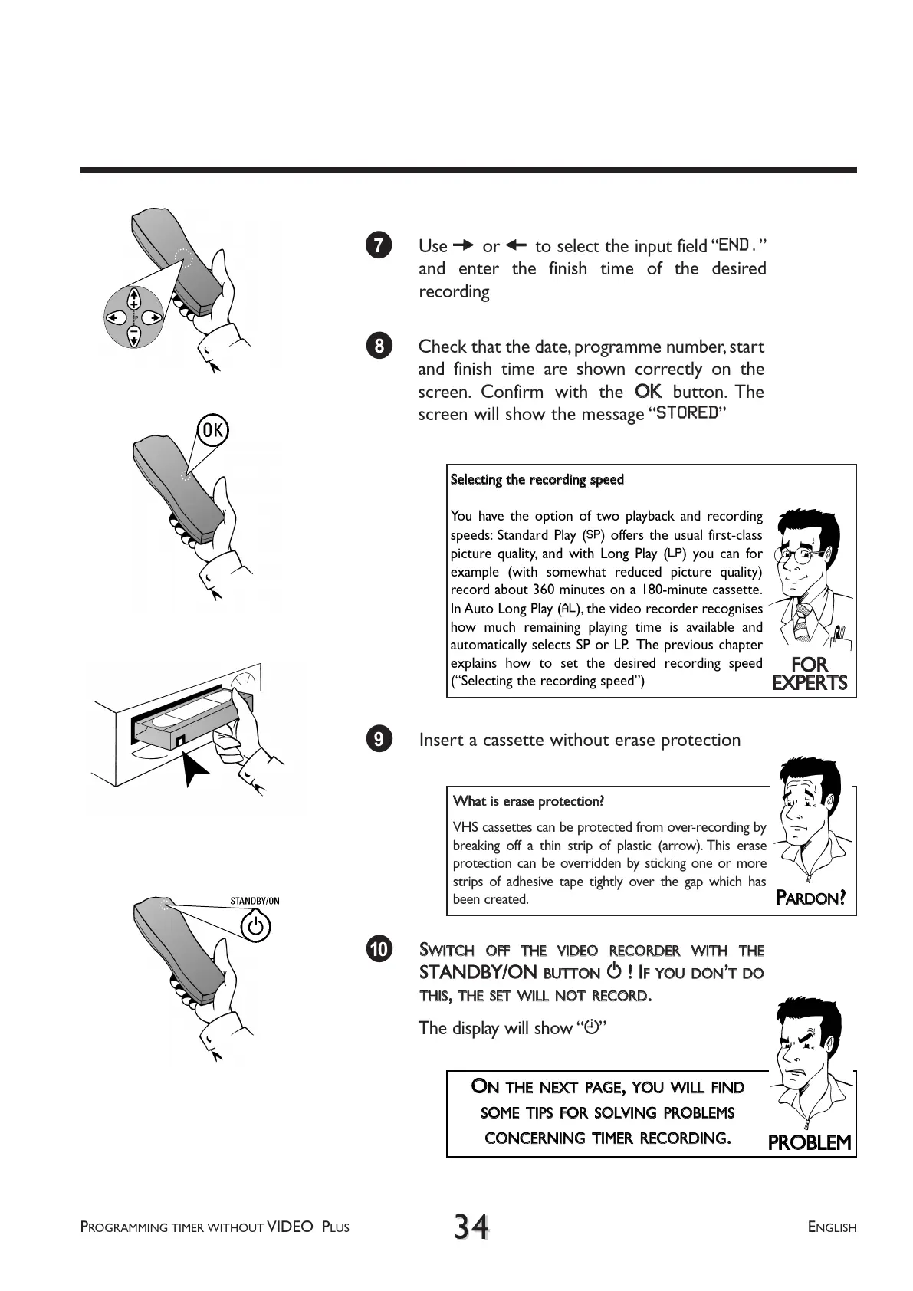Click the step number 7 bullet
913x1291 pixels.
tap(379, 245)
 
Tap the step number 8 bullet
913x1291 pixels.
tap(379, 347)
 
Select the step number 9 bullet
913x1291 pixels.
tap(379, 739)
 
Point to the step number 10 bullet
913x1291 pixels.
tap(379, 949)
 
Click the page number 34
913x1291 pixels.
tap(471, 1226)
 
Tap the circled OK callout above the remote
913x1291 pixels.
tap(212, 431)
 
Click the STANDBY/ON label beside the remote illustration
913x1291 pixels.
tap(255, 900)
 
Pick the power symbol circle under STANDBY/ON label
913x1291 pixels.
tap(255, 927)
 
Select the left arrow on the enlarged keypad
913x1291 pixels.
tap(114, 317)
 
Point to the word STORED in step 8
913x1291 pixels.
tap(687, 412)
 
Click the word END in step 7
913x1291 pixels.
tap(734, 245)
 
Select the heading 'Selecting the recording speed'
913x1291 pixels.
tap(537, 480)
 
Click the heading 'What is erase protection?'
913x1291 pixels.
tap(528, 802)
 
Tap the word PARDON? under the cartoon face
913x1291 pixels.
tap(810, 898)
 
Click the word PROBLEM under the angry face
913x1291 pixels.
tap(810, 1142)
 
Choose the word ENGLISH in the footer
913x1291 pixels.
tap(832, 1227)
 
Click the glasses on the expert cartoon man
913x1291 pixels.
tap(801, 557)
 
